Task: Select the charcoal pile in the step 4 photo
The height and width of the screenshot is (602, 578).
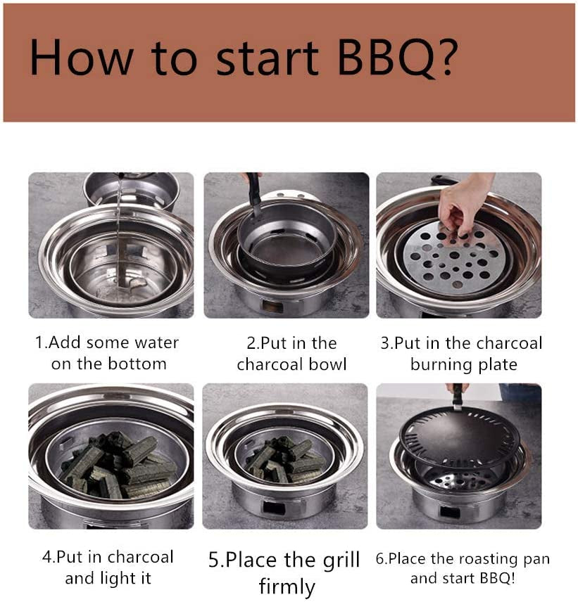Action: click(117, 465)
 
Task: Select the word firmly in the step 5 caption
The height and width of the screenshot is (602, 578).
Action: click(287, 586)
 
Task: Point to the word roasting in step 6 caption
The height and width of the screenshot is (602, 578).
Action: click(483, 559)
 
